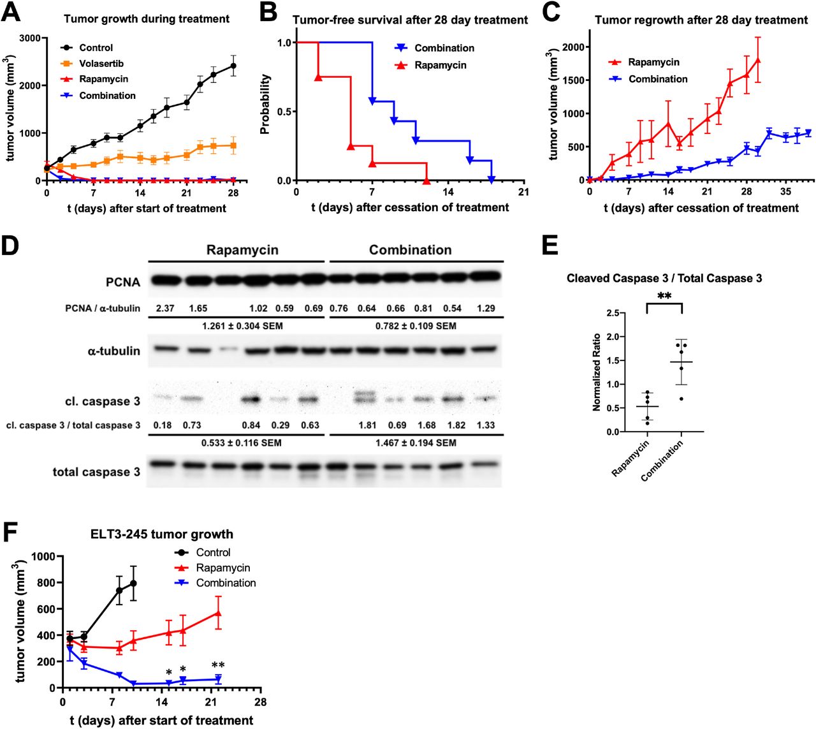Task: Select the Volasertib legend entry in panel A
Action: (x=101, y=63)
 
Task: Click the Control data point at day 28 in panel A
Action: (x=233, y=66)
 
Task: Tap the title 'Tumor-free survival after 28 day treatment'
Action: (x=410, y=20)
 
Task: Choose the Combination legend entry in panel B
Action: (x=444, y=48)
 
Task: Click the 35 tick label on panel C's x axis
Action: (x=785, y=191)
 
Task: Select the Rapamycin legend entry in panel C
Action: (x=653, y=62)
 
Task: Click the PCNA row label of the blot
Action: (x=122, y=282)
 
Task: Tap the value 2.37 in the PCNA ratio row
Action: (x=165, y=309)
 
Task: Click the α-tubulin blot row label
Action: (x=113, y=351)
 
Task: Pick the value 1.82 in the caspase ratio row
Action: (x=456, y=425)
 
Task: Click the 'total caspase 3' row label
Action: (x=96, y=472)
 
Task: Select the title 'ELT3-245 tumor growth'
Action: (x=161, y=534)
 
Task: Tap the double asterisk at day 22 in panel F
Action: (x=218, y=665)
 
